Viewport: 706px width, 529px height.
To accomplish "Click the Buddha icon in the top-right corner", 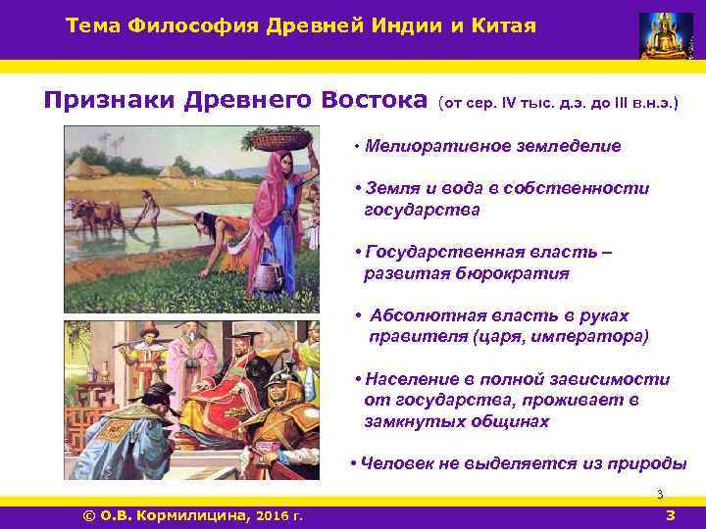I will [665, 35].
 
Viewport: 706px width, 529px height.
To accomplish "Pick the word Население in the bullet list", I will [410, 379].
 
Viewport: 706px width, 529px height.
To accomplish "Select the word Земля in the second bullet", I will [388, 188].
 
